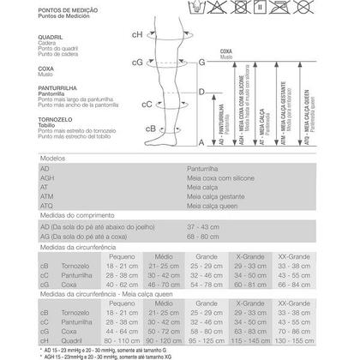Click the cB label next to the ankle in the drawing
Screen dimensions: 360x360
coord(126,129)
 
